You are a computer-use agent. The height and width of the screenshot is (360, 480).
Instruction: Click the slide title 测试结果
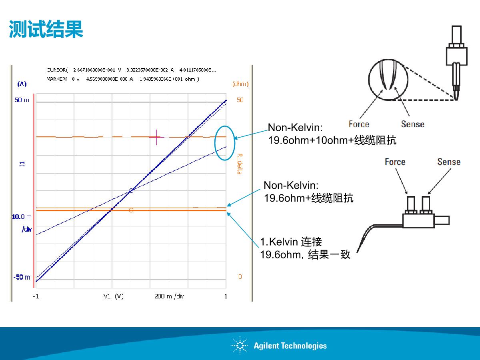tap(46, 29)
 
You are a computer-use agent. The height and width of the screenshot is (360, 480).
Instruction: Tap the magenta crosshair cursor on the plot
tap(156, 137)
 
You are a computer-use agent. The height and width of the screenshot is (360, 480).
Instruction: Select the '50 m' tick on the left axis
tap(22, 100)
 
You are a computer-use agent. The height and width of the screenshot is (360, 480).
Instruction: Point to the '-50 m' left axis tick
tap(22, 277)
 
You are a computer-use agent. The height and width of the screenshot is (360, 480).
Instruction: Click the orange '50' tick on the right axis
tap(240, 100)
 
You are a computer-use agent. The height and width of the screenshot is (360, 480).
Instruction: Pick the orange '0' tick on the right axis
tap(240, 277)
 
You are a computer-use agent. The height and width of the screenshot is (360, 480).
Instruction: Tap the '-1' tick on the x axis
tap(36, 296)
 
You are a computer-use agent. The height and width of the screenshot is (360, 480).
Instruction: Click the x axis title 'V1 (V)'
tap(113, 296)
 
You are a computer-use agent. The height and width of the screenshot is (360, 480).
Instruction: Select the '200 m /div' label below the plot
tap(169, 296)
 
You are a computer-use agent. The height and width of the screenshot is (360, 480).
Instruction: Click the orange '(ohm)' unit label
tap(240, 84)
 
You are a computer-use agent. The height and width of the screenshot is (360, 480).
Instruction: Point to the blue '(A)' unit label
tap(22, 84)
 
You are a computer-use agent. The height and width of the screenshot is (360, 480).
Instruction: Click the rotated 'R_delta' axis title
tap(240, 164)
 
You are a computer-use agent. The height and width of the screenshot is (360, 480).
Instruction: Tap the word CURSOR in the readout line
tap(56, 70)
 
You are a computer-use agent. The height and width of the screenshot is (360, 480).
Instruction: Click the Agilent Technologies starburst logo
tap(240, 345)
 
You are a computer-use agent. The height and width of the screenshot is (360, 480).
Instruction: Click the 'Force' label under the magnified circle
tap(359, 124)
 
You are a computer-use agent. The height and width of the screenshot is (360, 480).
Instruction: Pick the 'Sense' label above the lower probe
tap(449, 162)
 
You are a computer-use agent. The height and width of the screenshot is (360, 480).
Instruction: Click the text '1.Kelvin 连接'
tap(291, 242)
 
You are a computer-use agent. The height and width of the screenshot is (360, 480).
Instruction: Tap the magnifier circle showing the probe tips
tap(369, 80)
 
